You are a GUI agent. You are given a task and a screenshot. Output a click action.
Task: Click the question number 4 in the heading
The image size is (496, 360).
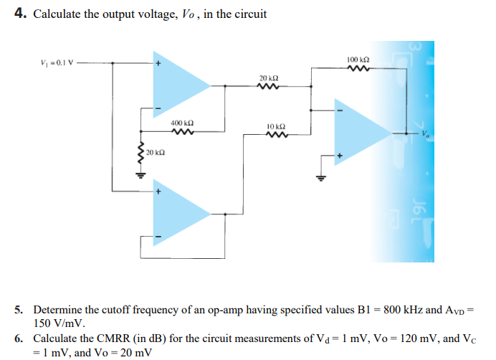[21, 14]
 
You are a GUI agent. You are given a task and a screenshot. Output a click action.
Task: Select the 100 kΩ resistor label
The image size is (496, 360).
[357, 59]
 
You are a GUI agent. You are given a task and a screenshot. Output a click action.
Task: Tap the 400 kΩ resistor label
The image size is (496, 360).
[181, 123]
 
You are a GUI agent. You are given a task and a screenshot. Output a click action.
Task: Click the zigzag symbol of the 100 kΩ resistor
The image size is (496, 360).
[357, 69]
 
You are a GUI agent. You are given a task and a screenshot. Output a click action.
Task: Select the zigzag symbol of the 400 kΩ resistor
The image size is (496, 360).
[181, 131]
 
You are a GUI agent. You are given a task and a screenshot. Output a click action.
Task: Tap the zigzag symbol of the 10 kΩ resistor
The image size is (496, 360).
[276, 134]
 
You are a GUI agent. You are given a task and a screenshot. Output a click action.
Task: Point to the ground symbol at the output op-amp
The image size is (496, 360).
[321, 178]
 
